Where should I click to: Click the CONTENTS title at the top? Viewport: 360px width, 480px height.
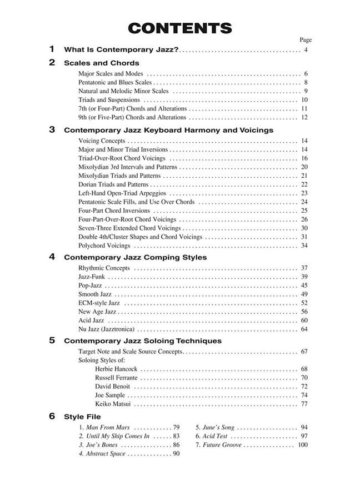click(179, 28)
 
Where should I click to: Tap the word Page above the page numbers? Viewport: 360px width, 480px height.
click(306, 40)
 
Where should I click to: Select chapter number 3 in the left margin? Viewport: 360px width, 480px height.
click(52, 130)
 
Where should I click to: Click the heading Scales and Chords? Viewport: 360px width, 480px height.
click(102, 63)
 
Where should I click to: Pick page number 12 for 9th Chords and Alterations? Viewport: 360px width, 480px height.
click(304, 117)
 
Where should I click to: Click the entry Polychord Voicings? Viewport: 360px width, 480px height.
click(104, 246)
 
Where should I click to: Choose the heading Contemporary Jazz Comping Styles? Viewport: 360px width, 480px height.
click(135, 257)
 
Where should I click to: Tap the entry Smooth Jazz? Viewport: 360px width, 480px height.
click(95, 294)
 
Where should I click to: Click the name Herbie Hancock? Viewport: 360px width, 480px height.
click(116, 369)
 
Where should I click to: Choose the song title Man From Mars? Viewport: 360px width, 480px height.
click(108, 428)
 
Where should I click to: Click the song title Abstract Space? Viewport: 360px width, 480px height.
click(106, 454)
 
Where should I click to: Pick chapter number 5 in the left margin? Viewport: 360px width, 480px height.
click(52, 341)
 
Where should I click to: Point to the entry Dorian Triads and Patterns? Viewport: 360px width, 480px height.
click(113, 184)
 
